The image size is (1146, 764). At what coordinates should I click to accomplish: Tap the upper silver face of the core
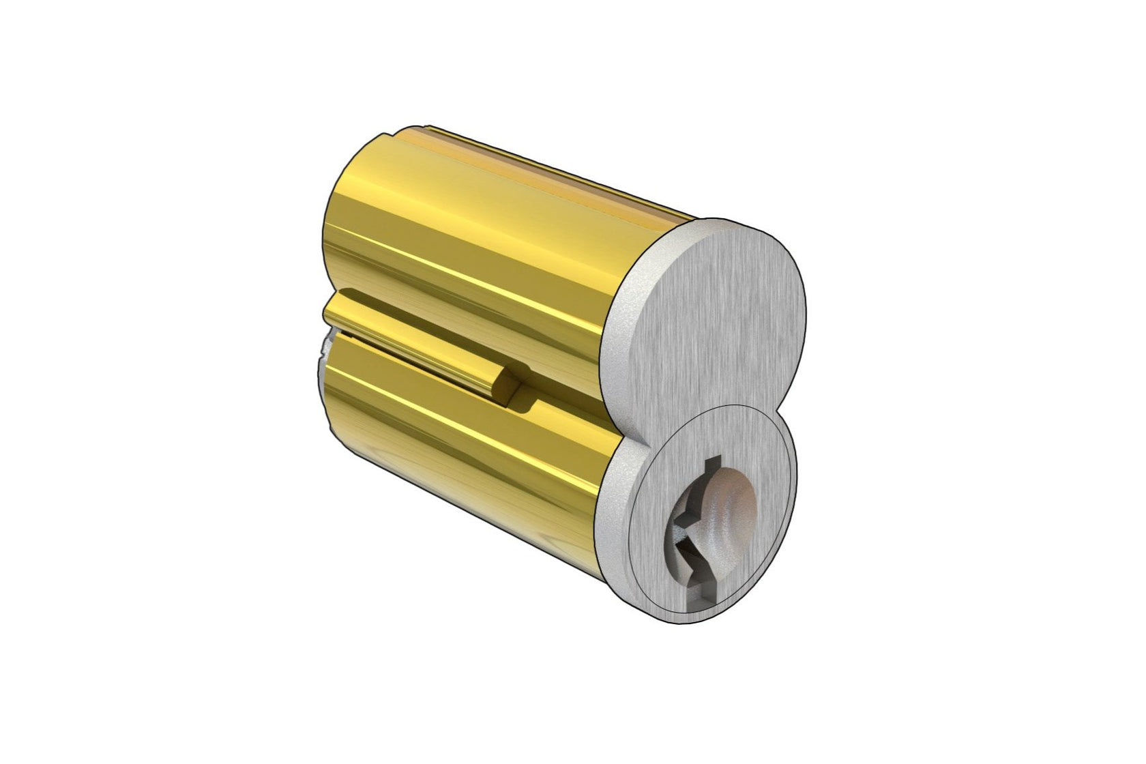coord(723,307)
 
